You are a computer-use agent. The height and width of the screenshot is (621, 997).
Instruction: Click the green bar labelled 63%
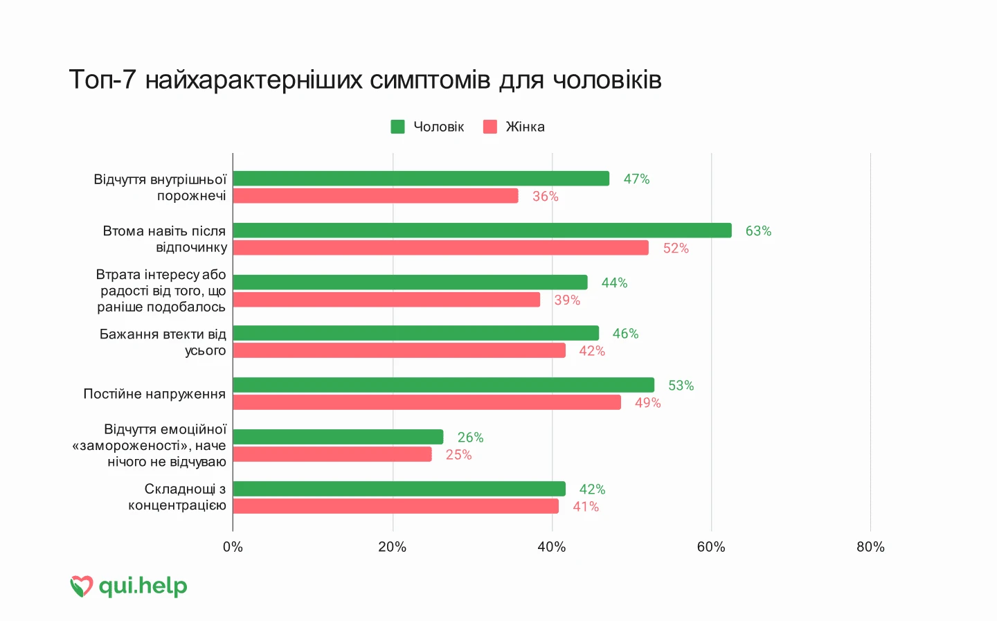point(482,231)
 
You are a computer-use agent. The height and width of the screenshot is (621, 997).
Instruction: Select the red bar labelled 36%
point(375,196)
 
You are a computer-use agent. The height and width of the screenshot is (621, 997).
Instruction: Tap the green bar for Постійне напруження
point(443,385)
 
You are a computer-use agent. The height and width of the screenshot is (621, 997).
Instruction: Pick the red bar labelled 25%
point(332,454)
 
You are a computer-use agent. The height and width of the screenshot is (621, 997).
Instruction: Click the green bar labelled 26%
point(338,437)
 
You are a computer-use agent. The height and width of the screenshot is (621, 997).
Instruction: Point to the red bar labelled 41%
point(395,506)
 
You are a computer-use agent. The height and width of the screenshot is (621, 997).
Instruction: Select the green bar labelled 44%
point(410,282)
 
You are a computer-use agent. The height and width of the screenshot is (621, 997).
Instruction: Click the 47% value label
point(636,179)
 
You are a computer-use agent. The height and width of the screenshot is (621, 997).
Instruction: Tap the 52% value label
point(676,249)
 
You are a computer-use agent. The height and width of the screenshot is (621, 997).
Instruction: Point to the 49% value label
point(647,403)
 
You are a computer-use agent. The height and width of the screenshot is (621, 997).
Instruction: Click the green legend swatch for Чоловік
point(397,127)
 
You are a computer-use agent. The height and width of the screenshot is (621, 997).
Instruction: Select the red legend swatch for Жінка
point(490,127)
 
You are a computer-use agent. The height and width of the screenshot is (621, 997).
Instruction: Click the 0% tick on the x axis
point(233,547)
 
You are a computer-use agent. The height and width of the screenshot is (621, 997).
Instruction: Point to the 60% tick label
point(711,547)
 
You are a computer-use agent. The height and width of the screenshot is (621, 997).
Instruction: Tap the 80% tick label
point(870,547)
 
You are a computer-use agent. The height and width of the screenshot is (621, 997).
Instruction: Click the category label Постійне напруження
point(154,394)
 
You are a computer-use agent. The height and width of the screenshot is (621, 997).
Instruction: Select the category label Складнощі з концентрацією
point(177,497)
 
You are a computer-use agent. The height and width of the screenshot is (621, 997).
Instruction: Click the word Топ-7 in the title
point(102,80)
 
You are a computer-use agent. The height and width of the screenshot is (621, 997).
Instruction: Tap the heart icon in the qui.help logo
point(81,586)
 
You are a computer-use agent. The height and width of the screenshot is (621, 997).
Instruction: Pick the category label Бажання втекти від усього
point(163,342)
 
